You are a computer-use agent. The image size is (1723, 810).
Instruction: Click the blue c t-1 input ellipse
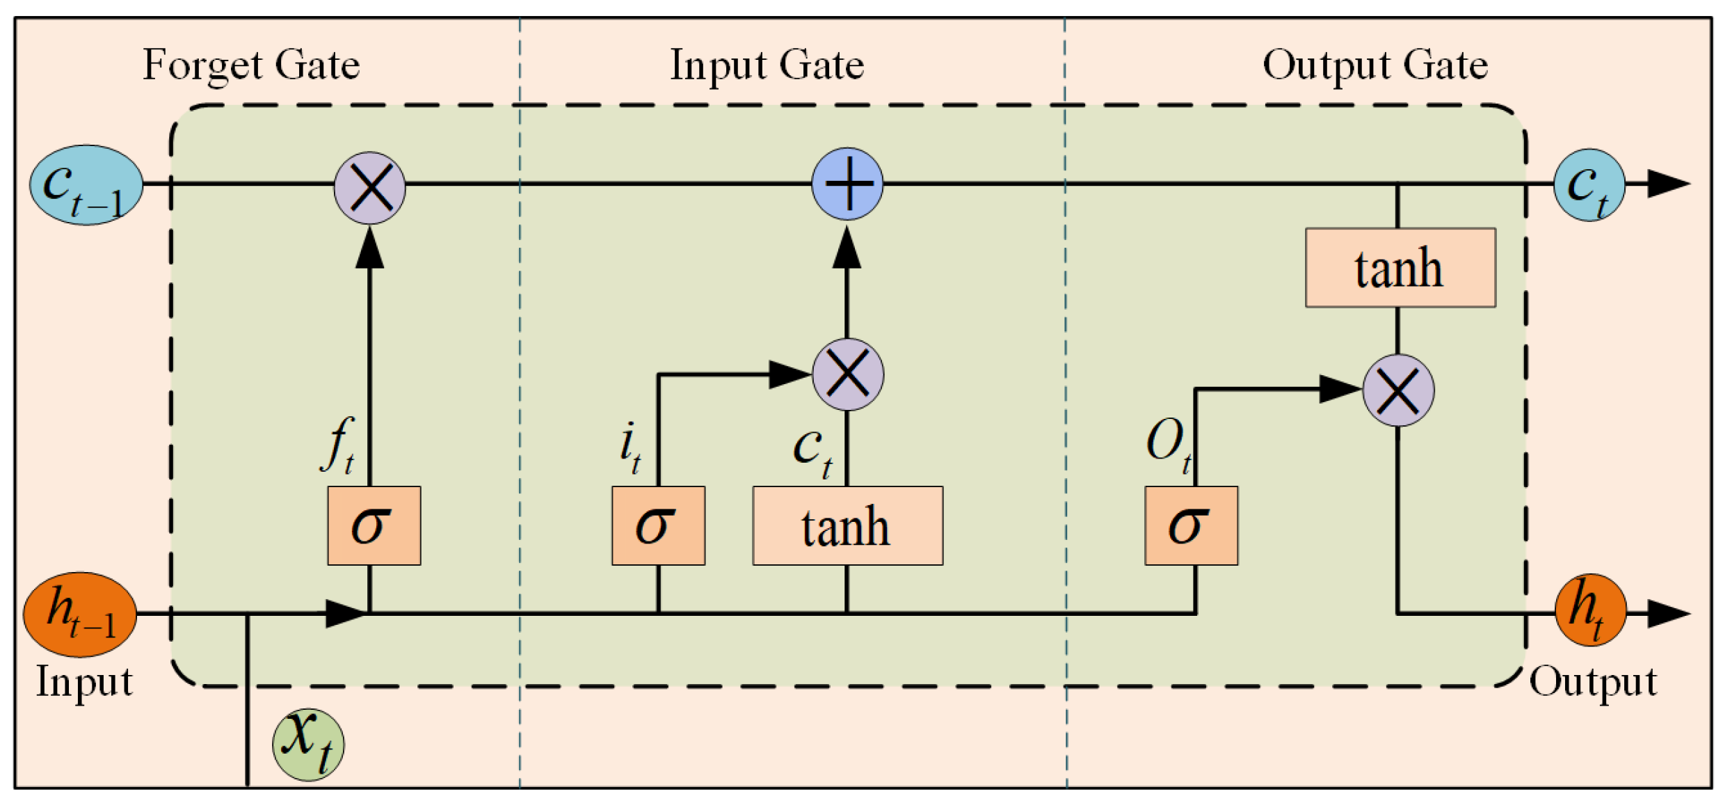tap(86, 184)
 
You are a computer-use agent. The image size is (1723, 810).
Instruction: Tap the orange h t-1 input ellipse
tap(79, 614)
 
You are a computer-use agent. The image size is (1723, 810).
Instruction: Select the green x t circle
tap(308, 745)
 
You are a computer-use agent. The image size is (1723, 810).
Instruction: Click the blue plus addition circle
tap(847, 184)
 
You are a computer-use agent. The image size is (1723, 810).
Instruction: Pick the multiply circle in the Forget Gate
tap(369, 188)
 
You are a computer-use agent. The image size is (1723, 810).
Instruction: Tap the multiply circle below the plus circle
tap(848, 374)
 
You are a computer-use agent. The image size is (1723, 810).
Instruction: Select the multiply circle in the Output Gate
tap(1397, 390)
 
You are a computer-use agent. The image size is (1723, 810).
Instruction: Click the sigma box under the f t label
tap(374, 525)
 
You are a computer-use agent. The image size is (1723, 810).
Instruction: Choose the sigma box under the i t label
tap(658, 525)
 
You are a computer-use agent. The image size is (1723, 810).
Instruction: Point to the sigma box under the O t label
tap(1191, 525)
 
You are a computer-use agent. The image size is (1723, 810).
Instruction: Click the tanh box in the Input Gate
tap(847, 526)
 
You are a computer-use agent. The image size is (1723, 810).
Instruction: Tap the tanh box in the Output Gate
tap(1400, 268)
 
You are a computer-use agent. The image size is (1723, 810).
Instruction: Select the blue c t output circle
tap(1589, 185)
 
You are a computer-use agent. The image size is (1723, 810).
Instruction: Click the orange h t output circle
tap(1590, 610)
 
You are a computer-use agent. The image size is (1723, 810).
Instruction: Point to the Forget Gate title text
tap(251, 65)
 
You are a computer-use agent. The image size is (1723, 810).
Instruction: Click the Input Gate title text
tap(767, 65)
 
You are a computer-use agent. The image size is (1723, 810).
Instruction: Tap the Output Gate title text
tap(1375, 65)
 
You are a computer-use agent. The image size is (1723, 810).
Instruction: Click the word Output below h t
tap(1593, 682)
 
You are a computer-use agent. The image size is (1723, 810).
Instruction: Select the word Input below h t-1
tap(84, 682)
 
